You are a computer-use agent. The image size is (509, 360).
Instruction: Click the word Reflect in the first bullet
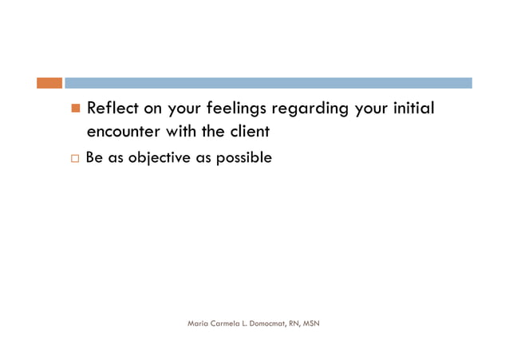point(112,108)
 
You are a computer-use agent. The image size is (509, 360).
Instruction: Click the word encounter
point(124,131)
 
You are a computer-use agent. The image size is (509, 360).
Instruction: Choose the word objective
point(156,158)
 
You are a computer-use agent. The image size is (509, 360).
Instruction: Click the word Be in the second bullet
point(94,158)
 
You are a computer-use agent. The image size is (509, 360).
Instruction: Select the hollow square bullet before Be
point(76,159)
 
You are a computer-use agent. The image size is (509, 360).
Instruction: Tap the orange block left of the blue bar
point(49,83)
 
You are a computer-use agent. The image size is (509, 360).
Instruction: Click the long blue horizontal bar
point(268,83)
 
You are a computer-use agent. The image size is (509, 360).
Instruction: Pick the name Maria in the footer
point(198,323)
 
